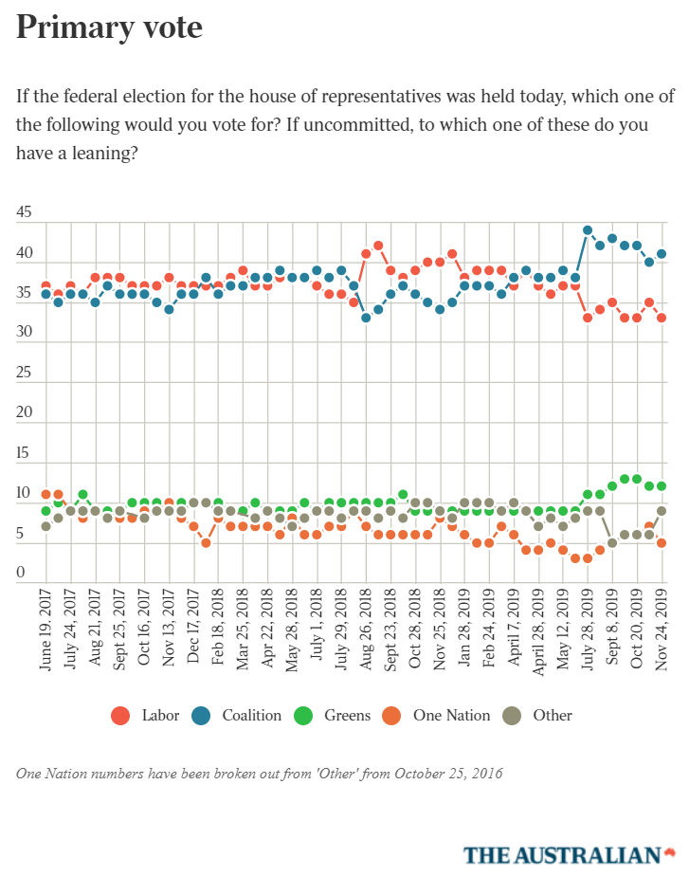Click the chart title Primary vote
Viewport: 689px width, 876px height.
pos(110,27)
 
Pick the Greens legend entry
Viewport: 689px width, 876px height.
pos(336,715)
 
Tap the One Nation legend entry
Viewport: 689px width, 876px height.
pos(439,715)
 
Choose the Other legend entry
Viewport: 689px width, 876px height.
pos(540,715)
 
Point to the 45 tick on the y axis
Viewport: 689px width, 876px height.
pos(24,214)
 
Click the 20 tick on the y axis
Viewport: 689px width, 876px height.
pos(24,413)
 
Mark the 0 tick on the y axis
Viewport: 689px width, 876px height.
pos(20,573)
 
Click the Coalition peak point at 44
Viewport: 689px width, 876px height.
pos(588,230)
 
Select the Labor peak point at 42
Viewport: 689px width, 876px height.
pos(378,246)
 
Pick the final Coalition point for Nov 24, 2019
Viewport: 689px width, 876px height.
pos(662,254)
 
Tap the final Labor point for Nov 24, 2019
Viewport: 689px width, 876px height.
pos(662,318)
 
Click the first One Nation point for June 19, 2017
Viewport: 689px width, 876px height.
pos(45,494)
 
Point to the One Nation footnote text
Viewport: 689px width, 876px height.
pos(260,773)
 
